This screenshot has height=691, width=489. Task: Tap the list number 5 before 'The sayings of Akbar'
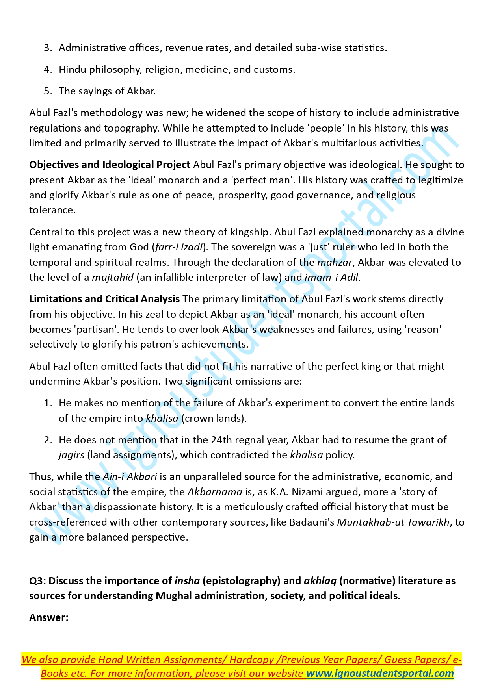pos(48,91)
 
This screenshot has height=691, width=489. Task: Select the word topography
pos(131,128)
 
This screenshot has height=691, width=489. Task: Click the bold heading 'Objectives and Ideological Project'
pos(110,165)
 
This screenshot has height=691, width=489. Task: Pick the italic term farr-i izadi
pos(179,247)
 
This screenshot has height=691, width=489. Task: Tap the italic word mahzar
pos(335,263)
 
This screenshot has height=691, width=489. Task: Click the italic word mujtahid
pos(113,278)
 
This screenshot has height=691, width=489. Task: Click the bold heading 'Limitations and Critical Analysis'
pos(104,299)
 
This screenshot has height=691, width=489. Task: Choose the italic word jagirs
pos(71,455)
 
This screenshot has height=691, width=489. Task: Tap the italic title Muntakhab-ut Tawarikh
pos(393,522)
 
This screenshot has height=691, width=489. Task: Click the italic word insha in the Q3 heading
pos(187,581)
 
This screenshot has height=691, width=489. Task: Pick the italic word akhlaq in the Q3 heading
pos(320,581)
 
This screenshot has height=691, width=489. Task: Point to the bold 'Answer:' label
pos(49,618)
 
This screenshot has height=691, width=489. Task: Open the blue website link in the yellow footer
pos(380,674)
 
